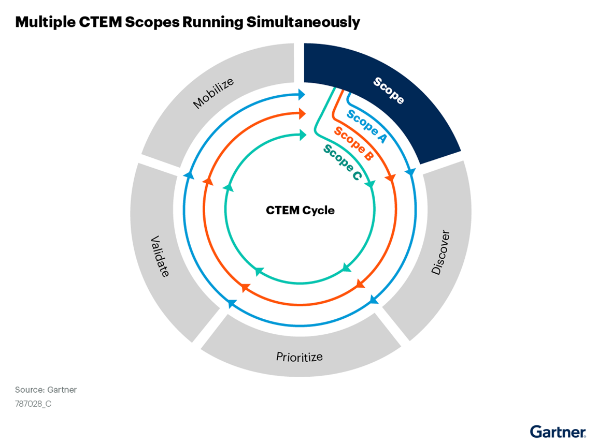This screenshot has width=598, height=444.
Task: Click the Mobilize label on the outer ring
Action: tap(213, 93)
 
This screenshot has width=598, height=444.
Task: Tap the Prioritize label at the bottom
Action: tap(299, 357)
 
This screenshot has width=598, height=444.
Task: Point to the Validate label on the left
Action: tap(160, 256)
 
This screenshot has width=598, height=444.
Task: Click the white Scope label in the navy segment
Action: tap(389, 91)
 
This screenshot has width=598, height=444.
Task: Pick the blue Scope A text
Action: tap(367, 126)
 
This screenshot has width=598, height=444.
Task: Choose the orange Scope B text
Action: tap(353, 143)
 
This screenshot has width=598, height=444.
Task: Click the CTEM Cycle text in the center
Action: tap(300, 211)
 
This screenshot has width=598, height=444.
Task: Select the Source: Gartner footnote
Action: tap(46, 390)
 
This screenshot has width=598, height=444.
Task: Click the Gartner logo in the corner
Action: tap(558, 431)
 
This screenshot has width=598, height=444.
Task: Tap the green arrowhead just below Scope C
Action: tap(370, 185)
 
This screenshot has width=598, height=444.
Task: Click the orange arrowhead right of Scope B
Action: tap(390, 178)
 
